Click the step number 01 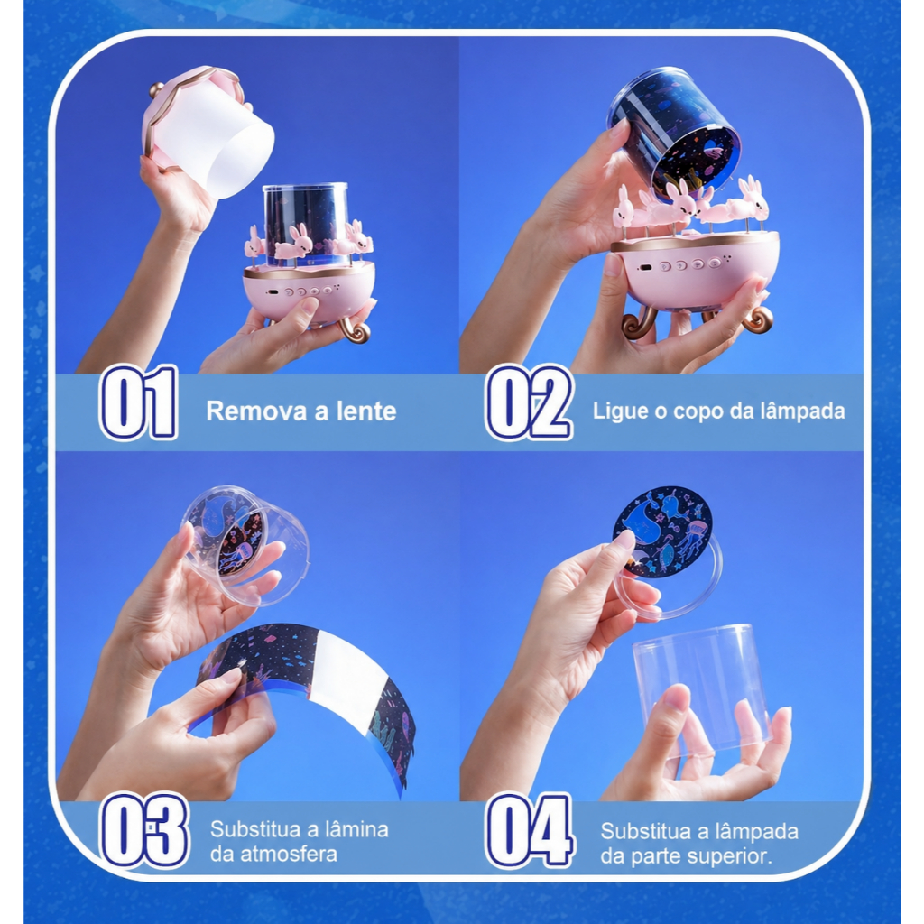(138, 402)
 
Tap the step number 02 (529, 402)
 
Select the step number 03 (144, 830)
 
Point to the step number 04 (529, 831)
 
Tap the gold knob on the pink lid (155, 90)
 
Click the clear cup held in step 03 (245, 548)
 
